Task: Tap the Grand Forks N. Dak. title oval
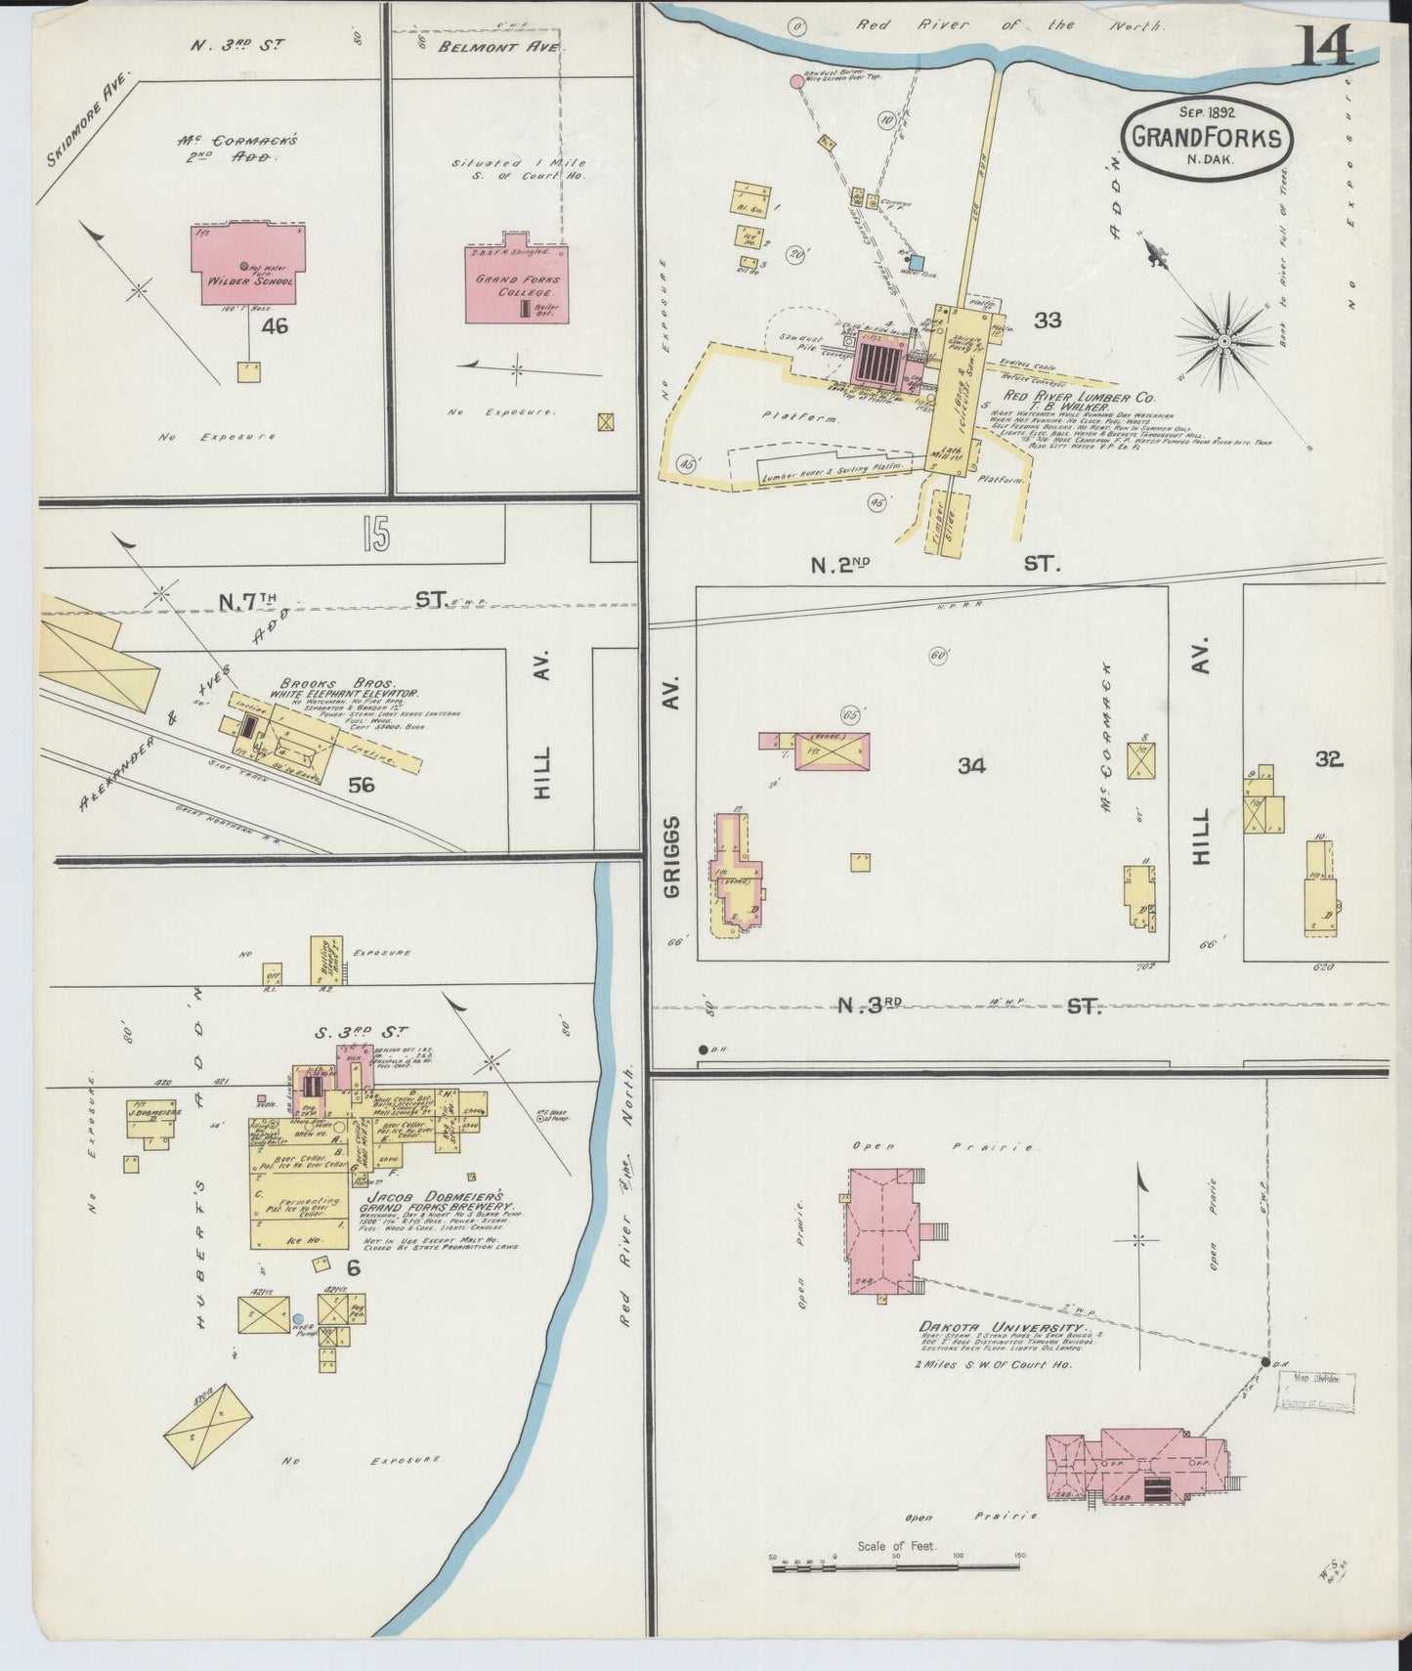(1206, 139)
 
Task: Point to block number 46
(275, 326)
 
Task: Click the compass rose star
(1223, 340)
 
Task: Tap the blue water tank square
(916, 261)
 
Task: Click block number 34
(970, 766)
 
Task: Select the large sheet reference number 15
(373, 535)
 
